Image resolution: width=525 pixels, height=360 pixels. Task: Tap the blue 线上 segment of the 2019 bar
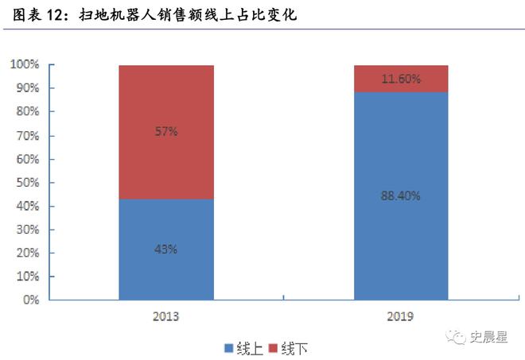400,238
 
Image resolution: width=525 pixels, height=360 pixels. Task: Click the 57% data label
166,132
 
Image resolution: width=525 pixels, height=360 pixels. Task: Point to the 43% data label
166,249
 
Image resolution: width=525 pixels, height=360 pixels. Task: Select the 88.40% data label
400,195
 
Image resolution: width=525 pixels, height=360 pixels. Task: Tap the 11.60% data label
400,79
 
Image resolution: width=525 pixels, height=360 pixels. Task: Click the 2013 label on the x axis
166,316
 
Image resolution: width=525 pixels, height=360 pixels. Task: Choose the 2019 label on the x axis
400,316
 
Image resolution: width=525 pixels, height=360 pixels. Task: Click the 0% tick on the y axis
29,300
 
